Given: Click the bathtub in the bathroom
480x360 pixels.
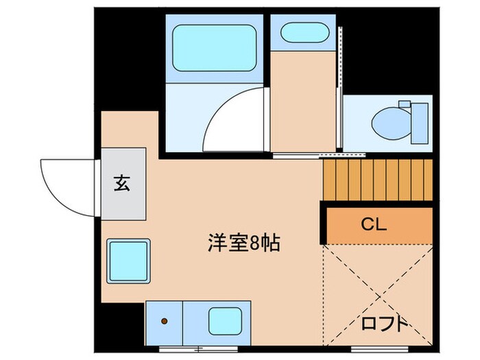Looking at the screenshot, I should click(x=214, y=47).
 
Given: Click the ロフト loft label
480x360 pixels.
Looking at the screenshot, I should click(x=386, y=323).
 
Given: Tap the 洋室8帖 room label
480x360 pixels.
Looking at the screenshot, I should click(x=244, y=242).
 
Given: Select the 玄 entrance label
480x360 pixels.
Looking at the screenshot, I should click(x=123, y=183).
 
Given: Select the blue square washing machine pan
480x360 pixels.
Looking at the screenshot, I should click(x=128, y=262).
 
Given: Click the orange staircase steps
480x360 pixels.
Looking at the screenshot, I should click(x=378, y=180).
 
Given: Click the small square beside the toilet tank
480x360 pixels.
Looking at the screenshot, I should click(x=404, y=104).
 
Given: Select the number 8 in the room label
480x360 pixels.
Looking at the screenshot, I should click(x=254, y=242).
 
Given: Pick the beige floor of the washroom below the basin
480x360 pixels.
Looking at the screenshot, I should click(x=303, y=103).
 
